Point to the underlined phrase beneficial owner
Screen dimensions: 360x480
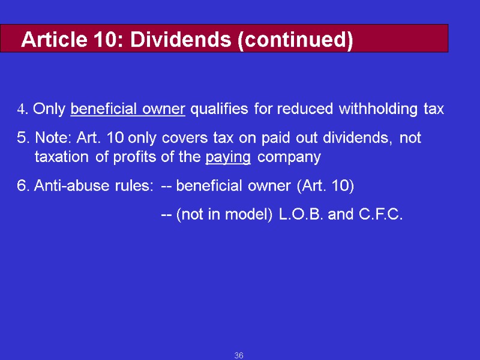pyautogui.click(x=127, y=109)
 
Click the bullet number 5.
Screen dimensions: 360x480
pyautogui.click(x=22, y=138)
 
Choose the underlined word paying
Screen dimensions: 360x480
pyautogui.click(x=228, y=158)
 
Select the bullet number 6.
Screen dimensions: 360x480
pyautogui.click(x=22, y=186)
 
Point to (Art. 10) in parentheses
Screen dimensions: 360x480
pyautogui.click(x=325, y=186)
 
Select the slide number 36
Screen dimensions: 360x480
pyautogui.click(x=239, y=356)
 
